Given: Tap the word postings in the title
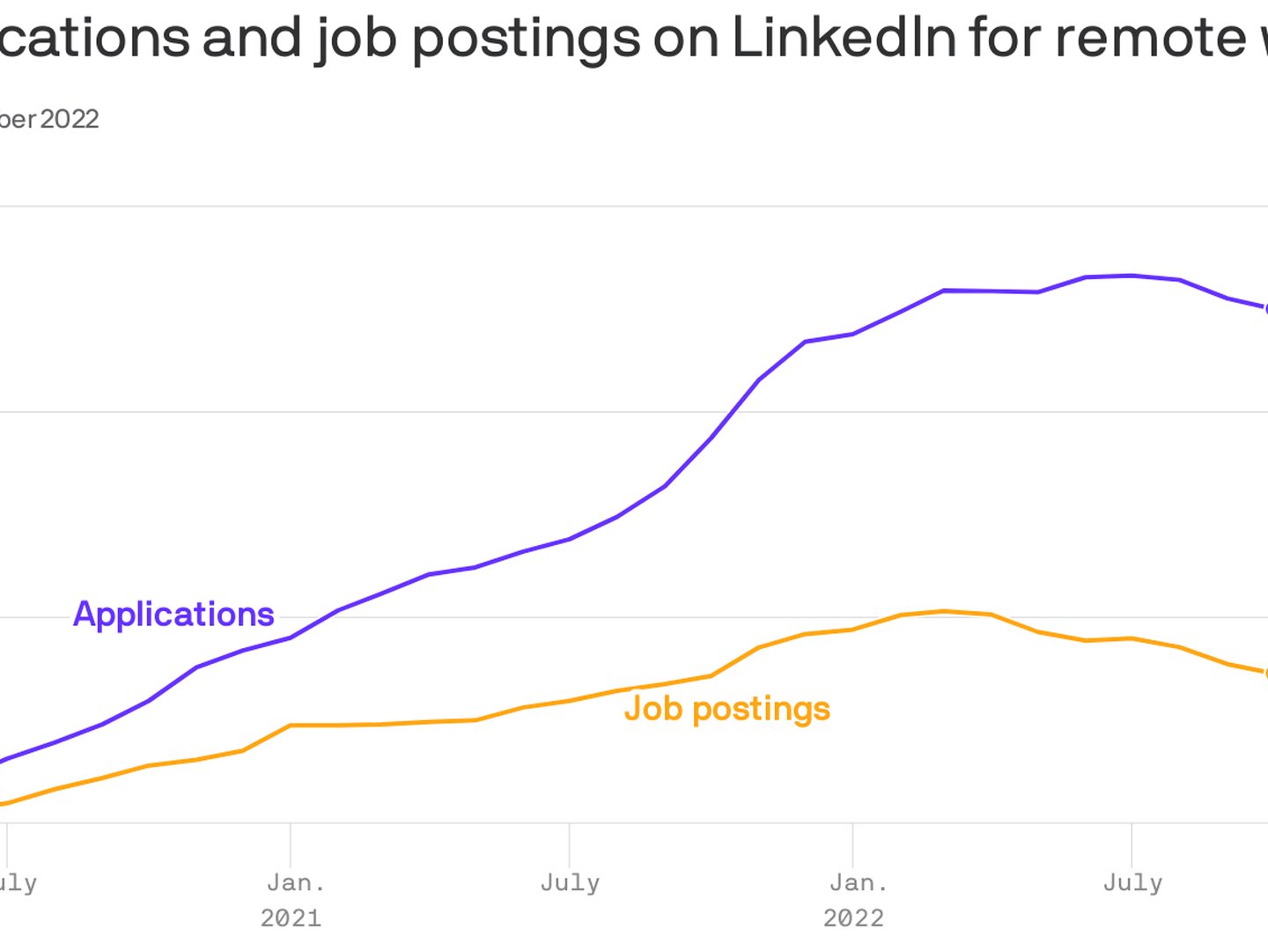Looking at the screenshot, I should (526, 39).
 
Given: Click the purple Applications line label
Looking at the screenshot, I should (173, 614).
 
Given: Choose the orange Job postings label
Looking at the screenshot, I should (727, 709).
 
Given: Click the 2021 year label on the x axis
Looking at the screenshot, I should (291, 918).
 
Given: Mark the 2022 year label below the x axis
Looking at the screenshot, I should (853, 918).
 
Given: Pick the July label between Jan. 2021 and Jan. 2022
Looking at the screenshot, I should (570, 882).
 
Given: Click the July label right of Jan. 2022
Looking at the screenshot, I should (1132, 882).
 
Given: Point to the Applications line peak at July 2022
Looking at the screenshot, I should (1132, 276).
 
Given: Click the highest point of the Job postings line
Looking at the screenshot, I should (944, 611).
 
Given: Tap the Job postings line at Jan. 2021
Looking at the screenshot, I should (291, 726).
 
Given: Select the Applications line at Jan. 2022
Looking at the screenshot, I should (852, 335).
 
